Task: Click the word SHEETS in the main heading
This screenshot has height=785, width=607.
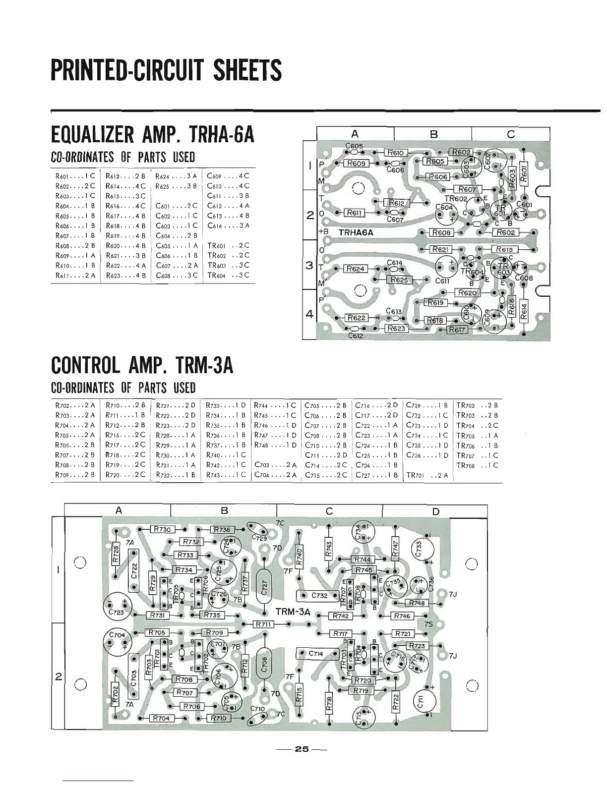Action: point(242,70)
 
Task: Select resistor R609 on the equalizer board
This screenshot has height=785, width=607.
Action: point(356,163)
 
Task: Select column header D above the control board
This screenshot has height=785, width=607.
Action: point(435,511)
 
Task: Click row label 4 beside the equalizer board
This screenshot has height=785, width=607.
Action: point(309,314)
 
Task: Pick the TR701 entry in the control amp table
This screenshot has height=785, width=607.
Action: point(427,475)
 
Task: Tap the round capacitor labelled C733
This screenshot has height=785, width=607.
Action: point(419,549)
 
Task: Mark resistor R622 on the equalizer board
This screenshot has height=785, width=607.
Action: point(356,318)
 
